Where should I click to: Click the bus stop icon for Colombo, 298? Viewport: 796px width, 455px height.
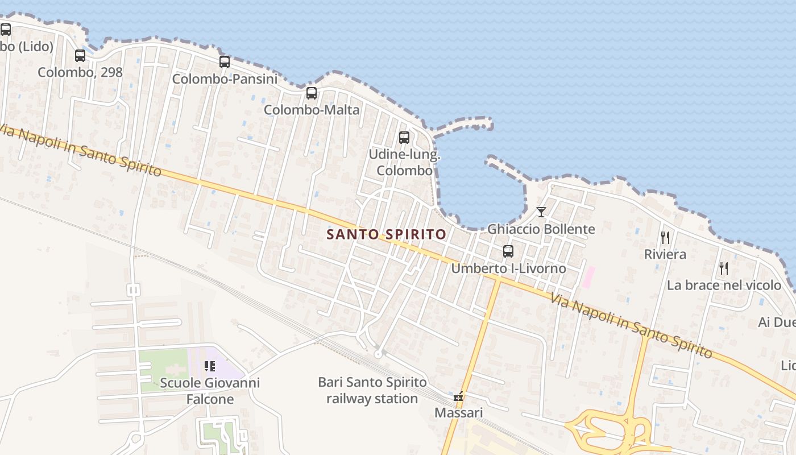(80, 56)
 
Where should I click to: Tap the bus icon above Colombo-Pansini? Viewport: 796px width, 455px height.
(225, 62)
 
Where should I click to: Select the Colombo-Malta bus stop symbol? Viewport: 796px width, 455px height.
(312, 93)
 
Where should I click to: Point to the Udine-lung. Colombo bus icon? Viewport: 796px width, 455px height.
(404, 138)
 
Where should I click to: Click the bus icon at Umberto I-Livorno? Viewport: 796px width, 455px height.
(508, 251)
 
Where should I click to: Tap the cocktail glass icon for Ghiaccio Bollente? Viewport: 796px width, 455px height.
(541, 212)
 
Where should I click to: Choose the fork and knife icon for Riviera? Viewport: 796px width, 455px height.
(665, 238)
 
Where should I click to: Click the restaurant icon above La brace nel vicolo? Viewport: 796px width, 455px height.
(724, 268)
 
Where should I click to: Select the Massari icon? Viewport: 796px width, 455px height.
(458, 396)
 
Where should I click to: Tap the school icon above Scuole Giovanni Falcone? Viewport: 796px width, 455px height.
(210, 366)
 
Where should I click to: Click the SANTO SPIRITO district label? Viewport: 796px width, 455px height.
(387, 234)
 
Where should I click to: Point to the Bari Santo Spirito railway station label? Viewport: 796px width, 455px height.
(372, 391)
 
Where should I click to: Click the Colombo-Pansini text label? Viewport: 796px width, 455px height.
(225, 79)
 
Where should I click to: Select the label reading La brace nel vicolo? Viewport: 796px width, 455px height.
(724, 285)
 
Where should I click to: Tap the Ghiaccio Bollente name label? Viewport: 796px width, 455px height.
(541, 229)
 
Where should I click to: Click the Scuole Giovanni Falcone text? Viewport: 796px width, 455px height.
(210, 391)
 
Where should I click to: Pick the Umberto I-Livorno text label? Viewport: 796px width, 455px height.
(508, 268)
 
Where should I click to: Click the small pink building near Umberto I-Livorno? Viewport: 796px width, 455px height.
(588, 276)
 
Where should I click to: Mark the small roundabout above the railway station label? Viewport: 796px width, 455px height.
(378, 354)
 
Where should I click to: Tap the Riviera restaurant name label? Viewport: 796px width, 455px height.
(665, 254)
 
